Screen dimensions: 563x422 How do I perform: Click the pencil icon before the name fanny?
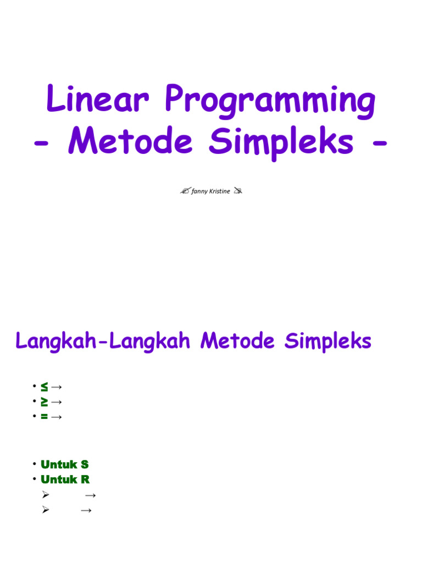tap(185, 191)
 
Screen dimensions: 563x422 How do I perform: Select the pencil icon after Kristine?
tap(237, 191)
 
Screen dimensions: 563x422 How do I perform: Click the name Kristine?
tap(219, 191)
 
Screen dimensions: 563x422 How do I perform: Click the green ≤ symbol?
tap(44, 387)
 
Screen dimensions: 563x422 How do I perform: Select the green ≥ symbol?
tap(44, 402)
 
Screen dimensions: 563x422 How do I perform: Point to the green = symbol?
tap(44, 417)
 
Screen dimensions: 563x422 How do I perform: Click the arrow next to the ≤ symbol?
tap(56, 387)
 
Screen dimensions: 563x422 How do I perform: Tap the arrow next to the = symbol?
tap(56, 417)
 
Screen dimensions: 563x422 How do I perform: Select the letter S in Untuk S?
tap(85, 465)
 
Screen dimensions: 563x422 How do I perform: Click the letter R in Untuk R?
tap(85, 479)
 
